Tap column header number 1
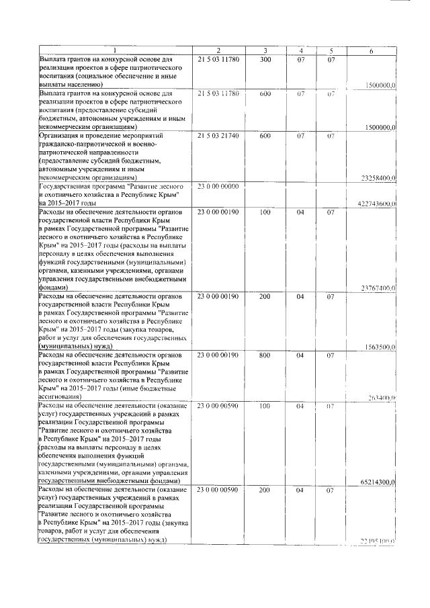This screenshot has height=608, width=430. tap(114, 51)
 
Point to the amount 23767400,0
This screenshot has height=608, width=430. tap(378, 288)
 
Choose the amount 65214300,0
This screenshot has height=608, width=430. tap(378, 482)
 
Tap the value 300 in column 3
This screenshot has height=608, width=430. tap(265, 60)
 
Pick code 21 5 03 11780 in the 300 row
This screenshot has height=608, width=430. tap(218, 60)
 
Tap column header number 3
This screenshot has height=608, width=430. tap(265, 51)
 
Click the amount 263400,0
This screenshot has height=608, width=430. tap(381, 398)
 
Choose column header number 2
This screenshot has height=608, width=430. tap(218, 51)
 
